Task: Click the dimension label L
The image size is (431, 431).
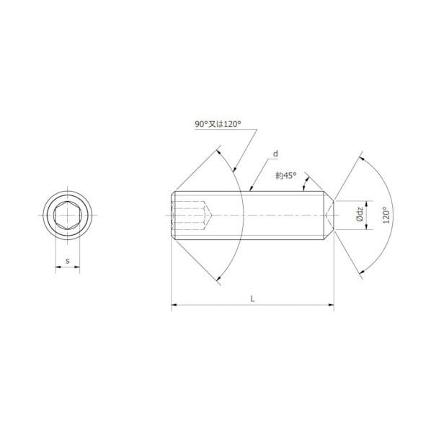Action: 252,298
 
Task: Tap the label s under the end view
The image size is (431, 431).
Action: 68,261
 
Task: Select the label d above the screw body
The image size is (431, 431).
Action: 275,154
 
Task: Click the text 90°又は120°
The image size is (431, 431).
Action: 218,124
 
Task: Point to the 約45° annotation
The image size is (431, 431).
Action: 286,175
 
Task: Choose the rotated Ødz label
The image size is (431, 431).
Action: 360,215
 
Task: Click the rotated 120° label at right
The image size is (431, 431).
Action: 386,215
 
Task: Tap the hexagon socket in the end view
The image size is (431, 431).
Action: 68,215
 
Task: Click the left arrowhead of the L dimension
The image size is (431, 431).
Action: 174,305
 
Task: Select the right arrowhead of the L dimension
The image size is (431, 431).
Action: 332,305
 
